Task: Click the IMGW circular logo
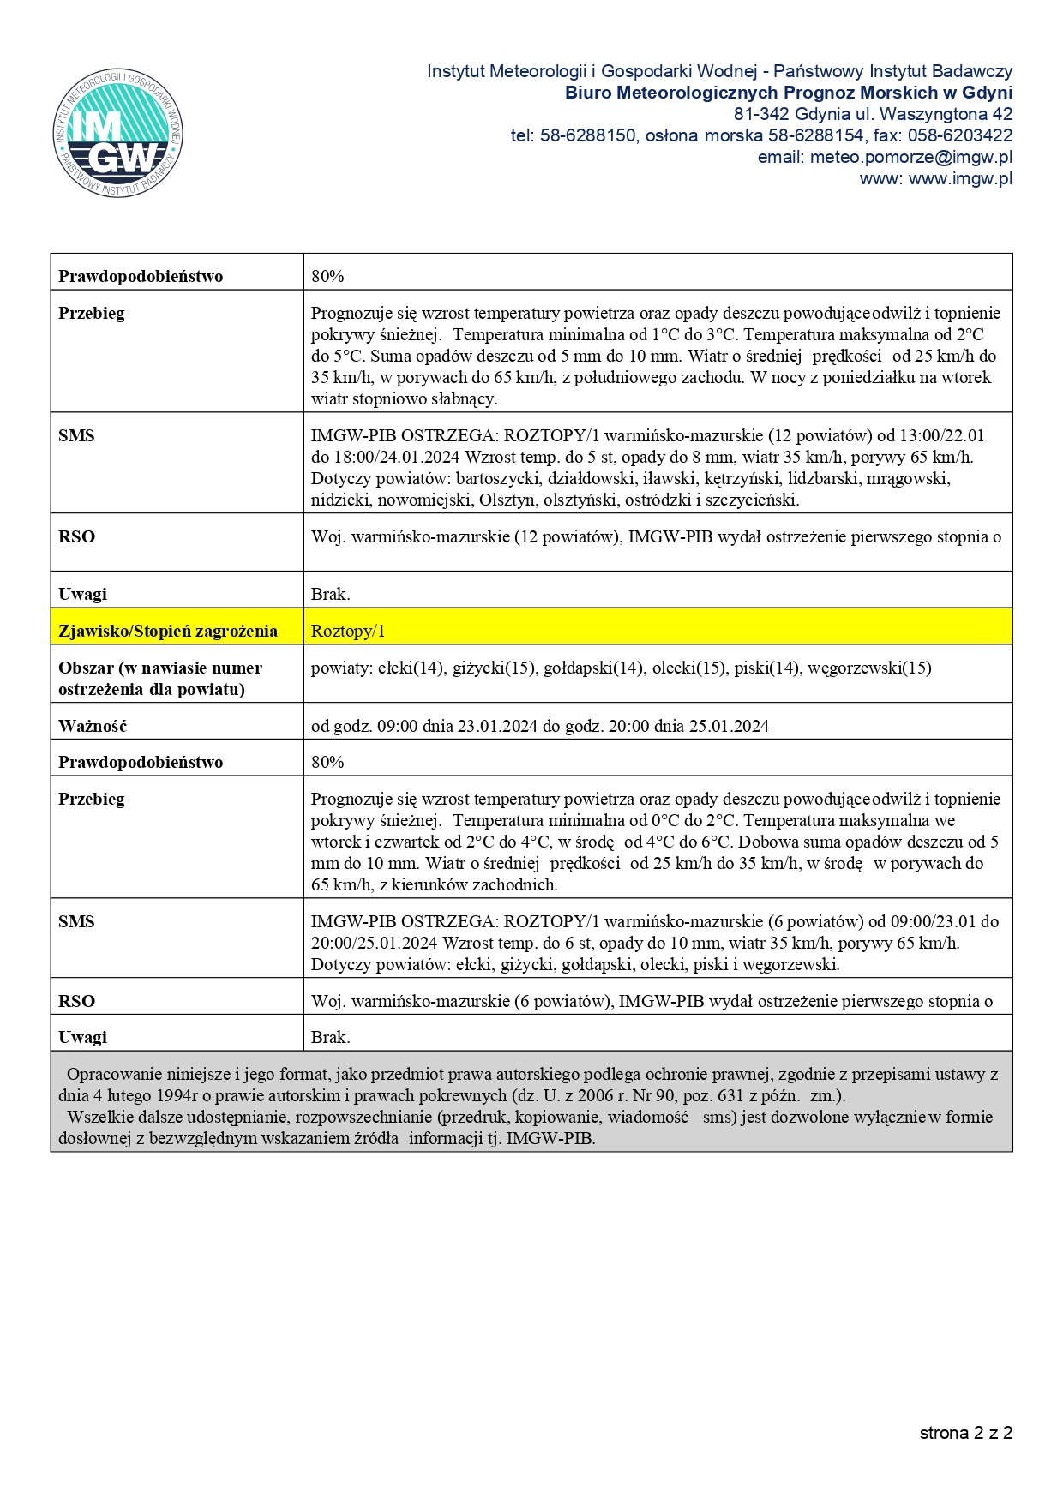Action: (x=117, y=133)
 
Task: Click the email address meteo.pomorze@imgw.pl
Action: (x=910, y=158)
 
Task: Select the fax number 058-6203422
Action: (x=960, y=136)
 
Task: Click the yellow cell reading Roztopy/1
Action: (x=348, y=632)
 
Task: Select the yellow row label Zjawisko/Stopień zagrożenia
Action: (x=168, y=632)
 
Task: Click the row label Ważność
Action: (x=93, y=727)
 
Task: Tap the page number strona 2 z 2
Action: (x=965, y=1433)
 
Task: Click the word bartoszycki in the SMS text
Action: (x=499, y=479)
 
